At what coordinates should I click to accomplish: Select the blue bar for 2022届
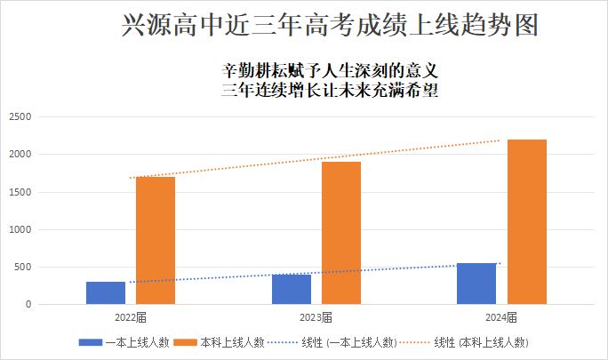106,293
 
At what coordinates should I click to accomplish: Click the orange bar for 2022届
156,241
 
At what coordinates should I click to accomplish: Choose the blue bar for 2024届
476,284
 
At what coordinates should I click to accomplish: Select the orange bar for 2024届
527,222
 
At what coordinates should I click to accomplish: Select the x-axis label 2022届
131,317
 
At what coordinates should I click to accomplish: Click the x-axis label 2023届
316,317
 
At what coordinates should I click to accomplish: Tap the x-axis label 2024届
501,317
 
